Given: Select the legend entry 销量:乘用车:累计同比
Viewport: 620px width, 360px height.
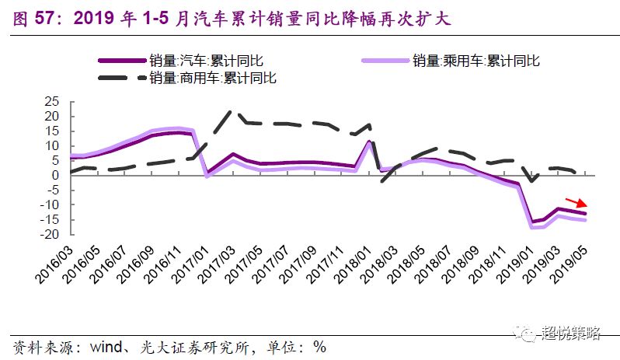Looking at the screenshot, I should point(475,61).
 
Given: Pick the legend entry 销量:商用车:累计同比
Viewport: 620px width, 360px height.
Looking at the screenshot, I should point(212,78).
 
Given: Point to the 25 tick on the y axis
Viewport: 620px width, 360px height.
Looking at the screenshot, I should point(51,102).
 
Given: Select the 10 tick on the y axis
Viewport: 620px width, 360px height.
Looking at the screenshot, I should point(51,145).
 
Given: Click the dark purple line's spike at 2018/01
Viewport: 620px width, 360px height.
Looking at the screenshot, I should point(371,142).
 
